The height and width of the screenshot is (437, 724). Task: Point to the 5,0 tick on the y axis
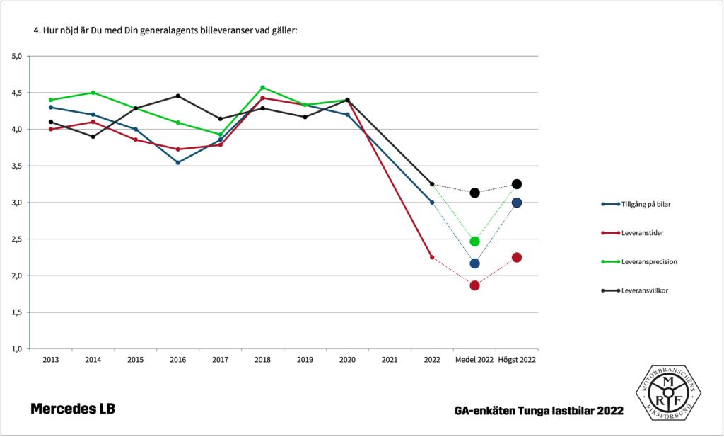[x=17, y=56]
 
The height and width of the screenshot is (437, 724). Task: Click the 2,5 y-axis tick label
[x=17, y=239]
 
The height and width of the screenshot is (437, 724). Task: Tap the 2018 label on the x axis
[x=262, y=360]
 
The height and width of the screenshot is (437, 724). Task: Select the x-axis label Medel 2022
[x=474, y=360]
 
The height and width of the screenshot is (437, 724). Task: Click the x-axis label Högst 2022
[x=517, y=360]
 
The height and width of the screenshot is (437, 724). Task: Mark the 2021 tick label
[x=390, y=360]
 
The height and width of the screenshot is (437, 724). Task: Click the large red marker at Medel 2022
[x=474, y=285]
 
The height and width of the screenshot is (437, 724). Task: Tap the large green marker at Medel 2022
[x=474, y=242]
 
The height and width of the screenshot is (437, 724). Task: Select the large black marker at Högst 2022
[x=517, y=184]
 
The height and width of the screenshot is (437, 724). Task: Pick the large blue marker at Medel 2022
[x=474, y=263]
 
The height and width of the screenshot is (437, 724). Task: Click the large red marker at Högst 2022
[x=517, y=257]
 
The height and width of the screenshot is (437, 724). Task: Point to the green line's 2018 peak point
[x=262, y=87]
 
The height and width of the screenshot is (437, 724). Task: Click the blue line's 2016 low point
[x=177, y=163]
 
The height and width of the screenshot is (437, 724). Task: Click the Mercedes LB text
[x=72, y=409]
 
